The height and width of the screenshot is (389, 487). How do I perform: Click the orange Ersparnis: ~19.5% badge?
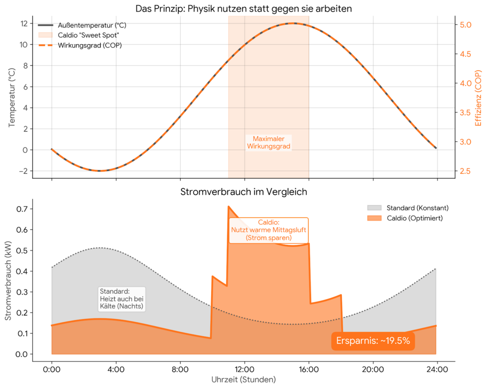pos(373,341)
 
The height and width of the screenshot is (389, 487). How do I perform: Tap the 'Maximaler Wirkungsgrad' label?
pos(269,142)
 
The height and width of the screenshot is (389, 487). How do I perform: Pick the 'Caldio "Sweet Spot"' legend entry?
pos(88,35)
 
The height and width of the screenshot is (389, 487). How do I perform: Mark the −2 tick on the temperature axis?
pos(21,171)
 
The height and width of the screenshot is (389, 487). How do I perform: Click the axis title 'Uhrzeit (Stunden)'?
pos(243,380)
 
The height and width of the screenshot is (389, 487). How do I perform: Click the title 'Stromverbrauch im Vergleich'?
pos(243,192)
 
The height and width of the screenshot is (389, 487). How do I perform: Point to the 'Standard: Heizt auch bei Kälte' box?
pos(121,299)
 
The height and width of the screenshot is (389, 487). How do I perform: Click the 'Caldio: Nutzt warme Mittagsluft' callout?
pos(269,230)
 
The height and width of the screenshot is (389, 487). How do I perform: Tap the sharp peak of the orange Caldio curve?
pos(229,207)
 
